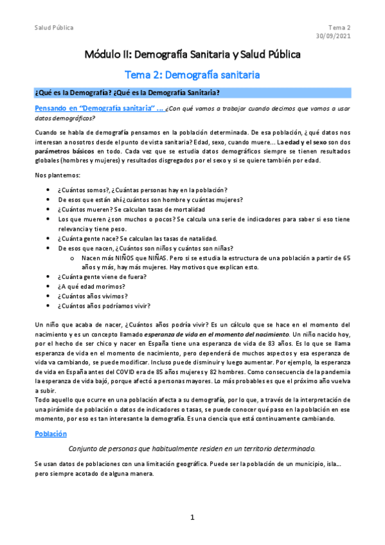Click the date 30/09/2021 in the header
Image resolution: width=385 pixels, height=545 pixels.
(x=334, y=36)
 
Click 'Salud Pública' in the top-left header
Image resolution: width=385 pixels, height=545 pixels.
(x=53, y=28)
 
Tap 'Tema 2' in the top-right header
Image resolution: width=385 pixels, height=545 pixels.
(x=339, y=28)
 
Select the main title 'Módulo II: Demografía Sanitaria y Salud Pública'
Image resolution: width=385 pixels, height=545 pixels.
(x=192, y=55)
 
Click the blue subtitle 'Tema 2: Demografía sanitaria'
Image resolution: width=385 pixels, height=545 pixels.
(x=192, y=75)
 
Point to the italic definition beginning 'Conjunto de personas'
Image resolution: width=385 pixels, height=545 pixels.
(x=192, y=448)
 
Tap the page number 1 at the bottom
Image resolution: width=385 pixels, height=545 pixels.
(x=192, y=517)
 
